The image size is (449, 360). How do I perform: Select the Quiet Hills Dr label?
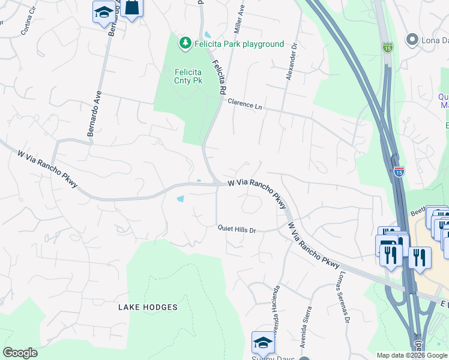tap(237, 229)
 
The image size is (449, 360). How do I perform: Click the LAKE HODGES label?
tap(148, 307)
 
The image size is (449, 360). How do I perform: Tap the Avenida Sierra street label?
tap(306, 327)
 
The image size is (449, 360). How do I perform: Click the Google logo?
tap(20, 353)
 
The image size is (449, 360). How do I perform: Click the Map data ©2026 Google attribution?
tap(411, 355)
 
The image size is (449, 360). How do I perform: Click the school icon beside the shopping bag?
tap(104, 11)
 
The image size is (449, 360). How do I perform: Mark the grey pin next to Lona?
tap(412, 40)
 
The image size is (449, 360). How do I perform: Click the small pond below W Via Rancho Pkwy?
tap(181, 199)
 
